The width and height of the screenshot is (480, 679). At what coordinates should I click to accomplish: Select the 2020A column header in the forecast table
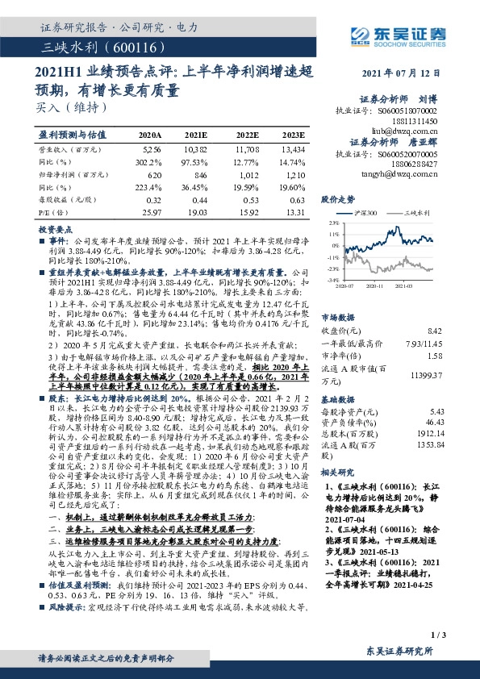click(x=150, y=135)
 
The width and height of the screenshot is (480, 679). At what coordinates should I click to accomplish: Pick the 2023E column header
click(x=294, y=135)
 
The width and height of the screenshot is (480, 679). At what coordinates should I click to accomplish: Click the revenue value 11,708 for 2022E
click(x=246, y=150)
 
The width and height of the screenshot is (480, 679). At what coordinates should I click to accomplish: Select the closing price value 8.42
click(x=436, y=331)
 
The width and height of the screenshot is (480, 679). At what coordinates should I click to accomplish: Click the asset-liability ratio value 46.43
click(x=435, y=422)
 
